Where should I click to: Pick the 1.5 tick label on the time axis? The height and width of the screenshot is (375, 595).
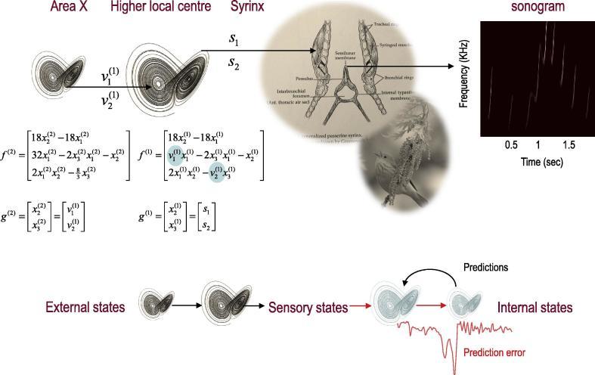coord(568,144)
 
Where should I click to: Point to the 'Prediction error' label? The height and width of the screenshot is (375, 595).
coord(494,352)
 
